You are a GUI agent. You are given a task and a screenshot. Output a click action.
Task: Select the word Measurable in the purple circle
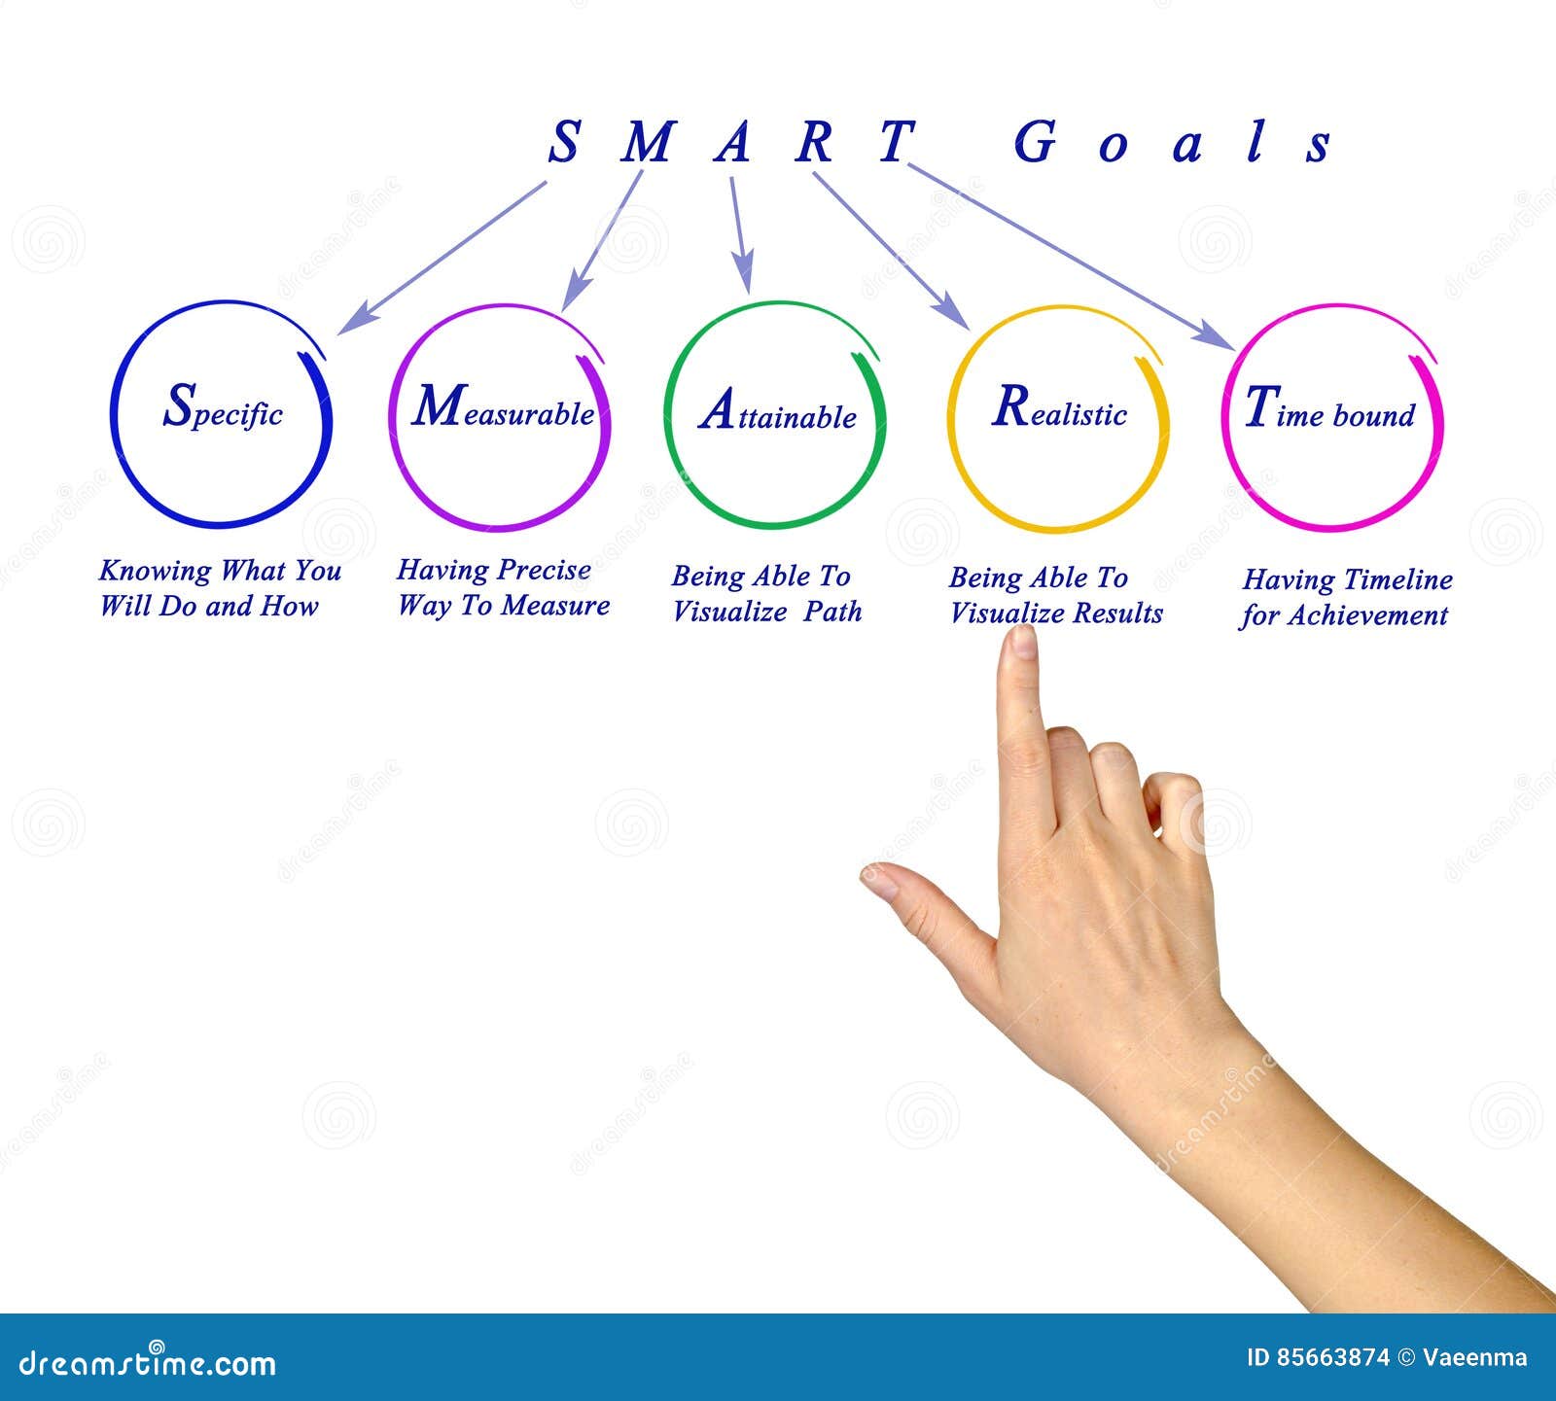click(x=503, y=407)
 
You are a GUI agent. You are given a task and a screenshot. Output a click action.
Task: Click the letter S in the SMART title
click(x=564, y=142)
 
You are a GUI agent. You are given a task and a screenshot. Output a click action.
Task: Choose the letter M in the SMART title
click(x=647, y=142)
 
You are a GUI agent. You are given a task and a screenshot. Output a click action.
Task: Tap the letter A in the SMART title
click(x=732, y=142)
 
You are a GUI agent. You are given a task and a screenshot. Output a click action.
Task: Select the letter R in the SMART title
click(x=815, y=142)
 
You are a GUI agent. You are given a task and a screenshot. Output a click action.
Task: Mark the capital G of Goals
click(x=1035, y=142)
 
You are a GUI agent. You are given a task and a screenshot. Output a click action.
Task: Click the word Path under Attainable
click(x=832, y=613)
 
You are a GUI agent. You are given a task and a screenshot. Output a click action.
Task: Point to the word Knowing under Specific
click(x=156, y=572)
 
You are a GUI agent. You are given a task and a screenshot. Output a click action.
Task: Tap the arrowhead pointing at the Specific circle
click(x=352, y=320)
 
